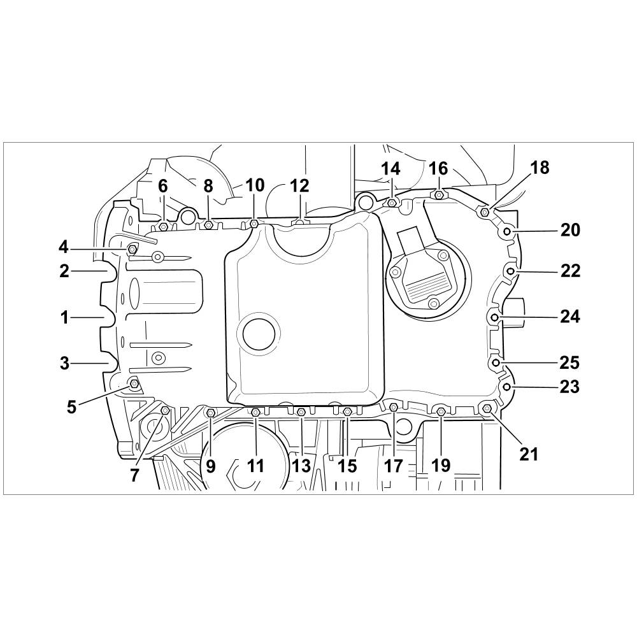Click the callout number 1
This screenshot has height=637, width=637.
[x=64, y=317]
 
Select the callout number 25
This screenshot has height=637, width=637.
[x=569, y=362]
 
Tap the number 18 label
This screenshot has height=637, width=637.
[x=540, y=168]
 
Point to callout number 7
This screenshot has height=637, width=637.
[x=135, y=474]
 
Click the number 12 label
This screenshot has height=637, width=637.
[x=300, y=185]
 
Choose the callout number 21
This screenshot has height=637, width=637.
[x=529, y=454]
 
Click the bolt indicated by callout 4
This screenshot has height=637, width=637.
[x=132, y=248]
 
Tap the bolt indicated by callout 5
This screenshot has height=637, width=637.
[x=134, y=383]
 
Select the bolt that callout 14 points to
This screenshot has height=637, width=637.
[x=392, y=202]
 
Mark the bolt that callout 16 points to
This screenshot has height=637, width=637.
[x=439, y=195]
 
